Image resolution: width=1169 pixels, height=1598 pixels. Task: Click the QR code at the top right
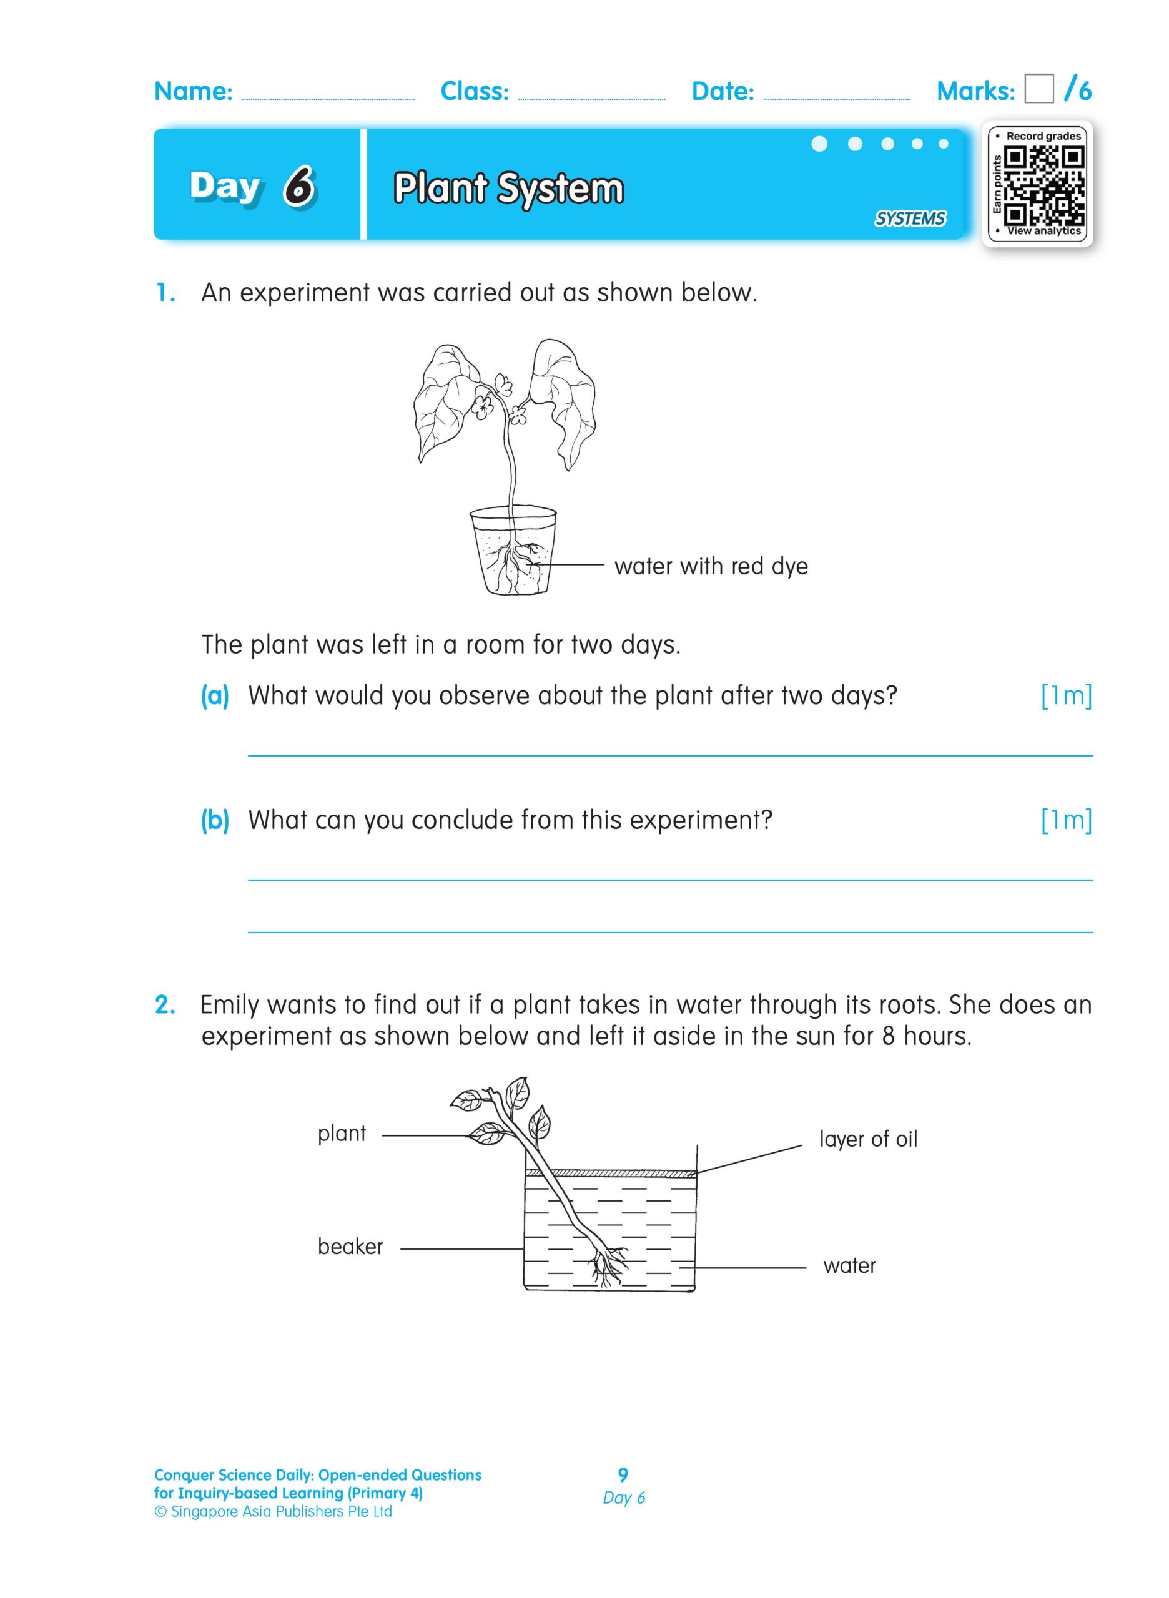[x=1043, y=184]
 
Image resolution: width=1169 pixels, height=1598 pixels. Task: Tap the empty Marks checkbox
[x=1038, y=89]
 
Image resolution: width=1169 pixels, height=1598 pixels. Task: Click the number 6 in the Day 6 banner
[x=300, y=187]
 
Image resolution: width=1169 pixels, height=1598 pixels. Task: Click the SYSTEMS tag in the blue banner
[x=909, y=218]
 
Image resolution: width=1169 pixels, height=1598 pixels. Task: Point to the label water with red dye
[x=711, y=566]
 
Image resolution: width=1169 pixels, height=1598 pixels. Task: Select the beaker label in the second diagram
[x=350, y=1246]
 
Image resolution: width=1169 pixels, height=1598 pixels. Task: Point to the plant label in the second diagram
[x=342, y=1133]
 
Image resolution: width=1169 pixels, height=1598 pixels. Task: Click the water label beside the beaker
[x=849, y=1265]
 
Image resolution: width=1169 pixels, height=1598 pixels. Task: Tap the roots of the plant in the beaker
[x=607, y=1263]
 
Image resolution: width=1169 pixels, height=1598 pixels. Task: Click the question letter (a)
[x=214, y=695]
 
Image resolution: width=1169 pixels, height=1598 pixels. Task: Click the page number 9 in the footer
[x=623, y=1474]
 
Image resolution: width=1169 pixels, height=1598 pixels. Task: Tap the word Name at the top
[x=193, y=91]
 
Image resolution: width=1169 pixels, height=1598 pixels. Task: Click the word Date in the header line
[x=723, y=91]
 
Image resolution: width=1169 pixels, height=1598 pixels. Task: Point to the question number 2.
[x=164, y=1004]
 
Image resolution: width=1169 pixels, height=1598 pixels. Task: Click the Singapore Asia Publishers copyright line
[x=273, y=1511]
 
